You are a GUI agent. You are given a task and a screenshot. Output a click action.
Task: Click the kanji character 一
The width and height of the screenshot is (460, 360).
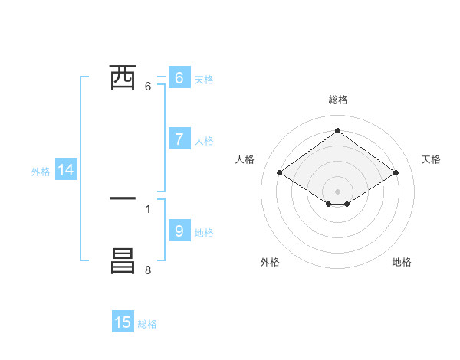123,198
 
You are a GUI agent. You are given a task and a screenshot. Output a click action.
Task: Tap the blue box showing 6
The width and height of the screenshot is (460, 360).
179,78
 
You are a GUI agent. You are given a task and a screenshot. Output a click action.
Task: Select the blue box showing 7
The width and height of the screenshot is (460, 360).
179,139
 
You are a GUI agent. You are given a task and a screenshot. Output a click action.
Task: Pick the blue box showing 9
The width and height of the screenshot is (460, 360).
179,231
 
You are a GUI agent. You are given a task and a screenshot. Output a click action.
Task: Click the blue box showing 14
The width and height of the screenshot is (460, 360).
66,171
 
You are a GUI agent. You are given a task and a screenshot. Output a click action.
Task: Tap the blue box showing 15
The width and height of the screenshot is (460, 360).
123,322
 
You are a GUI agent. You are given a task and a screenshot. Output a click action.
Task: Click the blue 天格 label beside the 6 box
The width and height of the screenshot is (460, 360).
204,80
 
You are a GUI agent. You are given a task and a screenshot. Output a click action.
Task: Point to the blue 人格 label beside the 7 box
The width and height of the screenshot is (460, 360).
204,141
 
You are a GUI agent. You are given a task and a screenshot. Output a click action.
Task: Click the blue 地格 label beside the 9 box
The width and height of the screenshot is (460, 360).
204,233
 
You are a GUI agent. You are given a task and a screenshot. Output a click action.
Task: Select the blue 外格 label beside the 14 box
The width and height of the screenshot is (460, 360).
41,172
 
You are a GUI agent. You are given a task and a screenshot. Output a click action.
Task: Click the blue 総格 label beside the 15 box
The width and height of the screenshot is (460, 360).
147,324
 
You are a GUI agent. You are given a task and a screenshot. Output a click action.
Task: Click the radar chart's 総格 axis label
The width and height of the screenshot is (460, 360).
338,100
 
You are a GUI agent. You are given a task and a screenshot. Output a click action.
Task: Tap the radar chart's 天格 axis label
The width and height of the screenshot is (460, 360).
431,159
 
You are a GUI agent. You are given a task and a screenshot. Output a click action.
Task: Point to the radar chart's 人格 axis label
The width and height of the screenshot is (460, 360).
245,159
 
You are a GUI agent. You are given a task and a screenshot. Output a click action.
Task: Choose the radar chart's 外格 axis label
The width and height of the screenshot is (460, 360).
270,262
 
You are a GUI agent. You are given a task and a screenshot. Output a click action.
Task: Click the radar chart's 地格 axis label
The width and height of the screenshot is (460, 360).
402,262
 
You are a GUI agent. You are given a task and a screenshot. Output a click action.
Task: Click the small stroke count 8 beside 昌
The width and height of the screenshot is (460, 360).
147,270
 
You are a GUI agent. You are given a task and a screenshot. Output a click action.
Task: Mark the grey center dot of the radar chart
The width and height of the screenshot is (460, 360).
338,191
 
